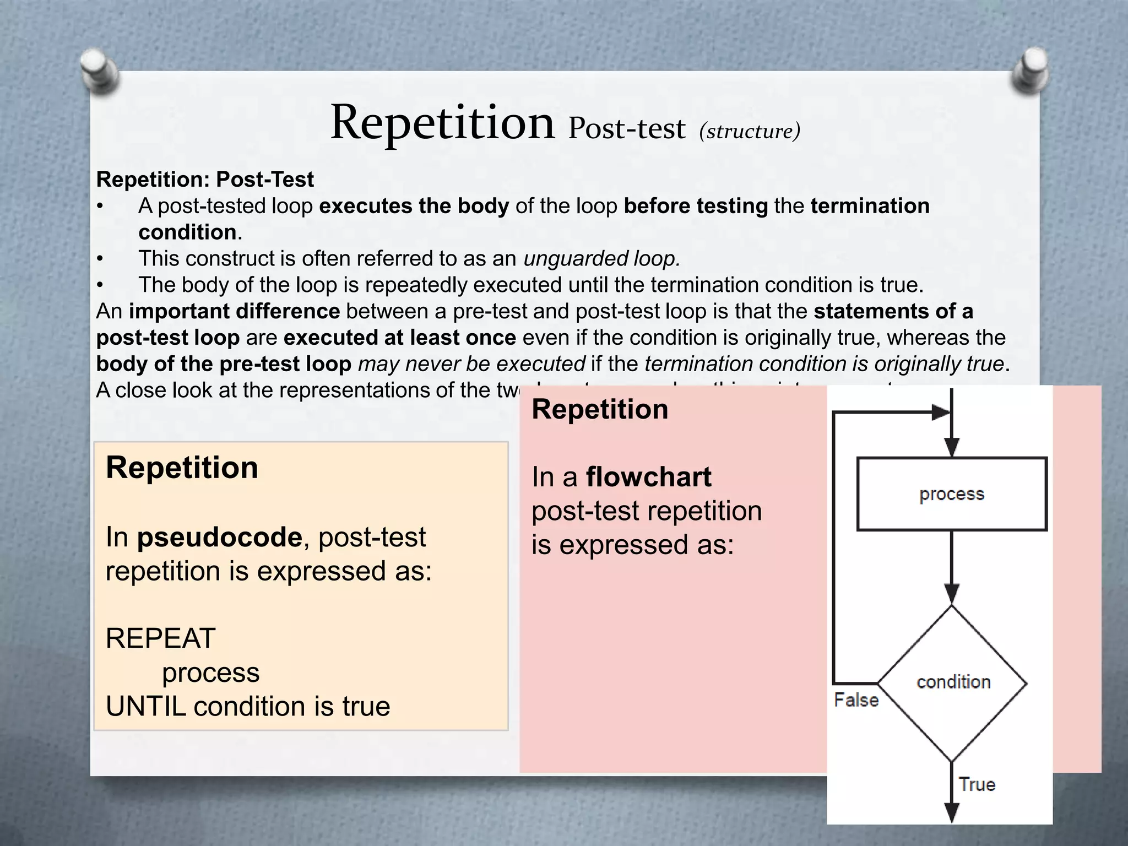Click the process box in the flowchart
[952, 494]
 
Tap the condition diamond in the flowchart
[952, 683]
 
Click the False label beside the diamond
[856, 700]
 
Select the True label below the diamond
[977, 784]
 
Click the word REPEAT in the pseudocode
[160, 639]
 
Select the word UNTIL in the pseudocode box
[145, 707]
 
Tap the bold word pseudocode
[219, 537]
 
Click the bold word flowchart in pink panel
[648, 477]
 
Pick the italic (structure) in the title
[749, 131]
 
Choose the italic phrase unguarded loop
[601, 258]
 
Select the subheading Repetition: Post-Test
[205, 180]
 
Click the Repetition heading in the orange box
[182, 468]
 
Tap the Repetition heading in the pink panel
[600, 410]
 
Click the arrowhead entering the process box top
[952, 447]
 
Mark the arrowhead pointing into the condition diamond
[952, 594]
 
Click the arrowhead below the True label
[952, 812]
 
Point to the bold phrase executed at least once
[399, 338]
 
